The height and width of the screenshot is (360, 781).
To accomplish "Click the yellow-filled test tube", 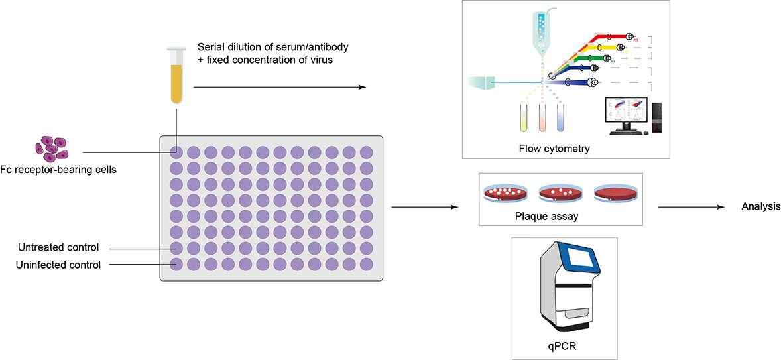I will click(176, 78).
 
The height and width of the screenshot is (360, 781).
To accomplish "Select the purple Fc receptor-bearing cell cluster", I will click(52, 147).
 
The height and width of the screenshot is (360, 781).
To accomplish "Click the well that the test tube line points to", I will click(176, 152).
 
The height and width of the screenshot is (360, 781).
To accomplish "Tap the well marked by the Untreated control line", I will click(176, 248).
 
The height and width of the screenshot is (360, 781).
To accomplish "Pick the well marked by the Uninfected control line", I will click(176, 265).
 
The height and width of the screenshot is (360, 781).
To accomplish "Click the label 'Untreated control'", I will click(59, 248).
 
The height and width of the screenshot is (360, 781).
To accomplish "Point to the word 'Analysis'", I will click(760, 207).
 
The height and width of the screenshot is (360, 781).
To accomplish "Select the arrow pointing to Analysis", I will click(690, 207).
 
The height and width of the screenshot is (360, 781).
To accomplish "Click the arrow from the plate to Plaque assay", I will click(425, 207).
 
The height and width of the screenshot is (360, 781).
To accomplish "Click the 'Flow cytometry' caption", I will click(554, 149).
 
